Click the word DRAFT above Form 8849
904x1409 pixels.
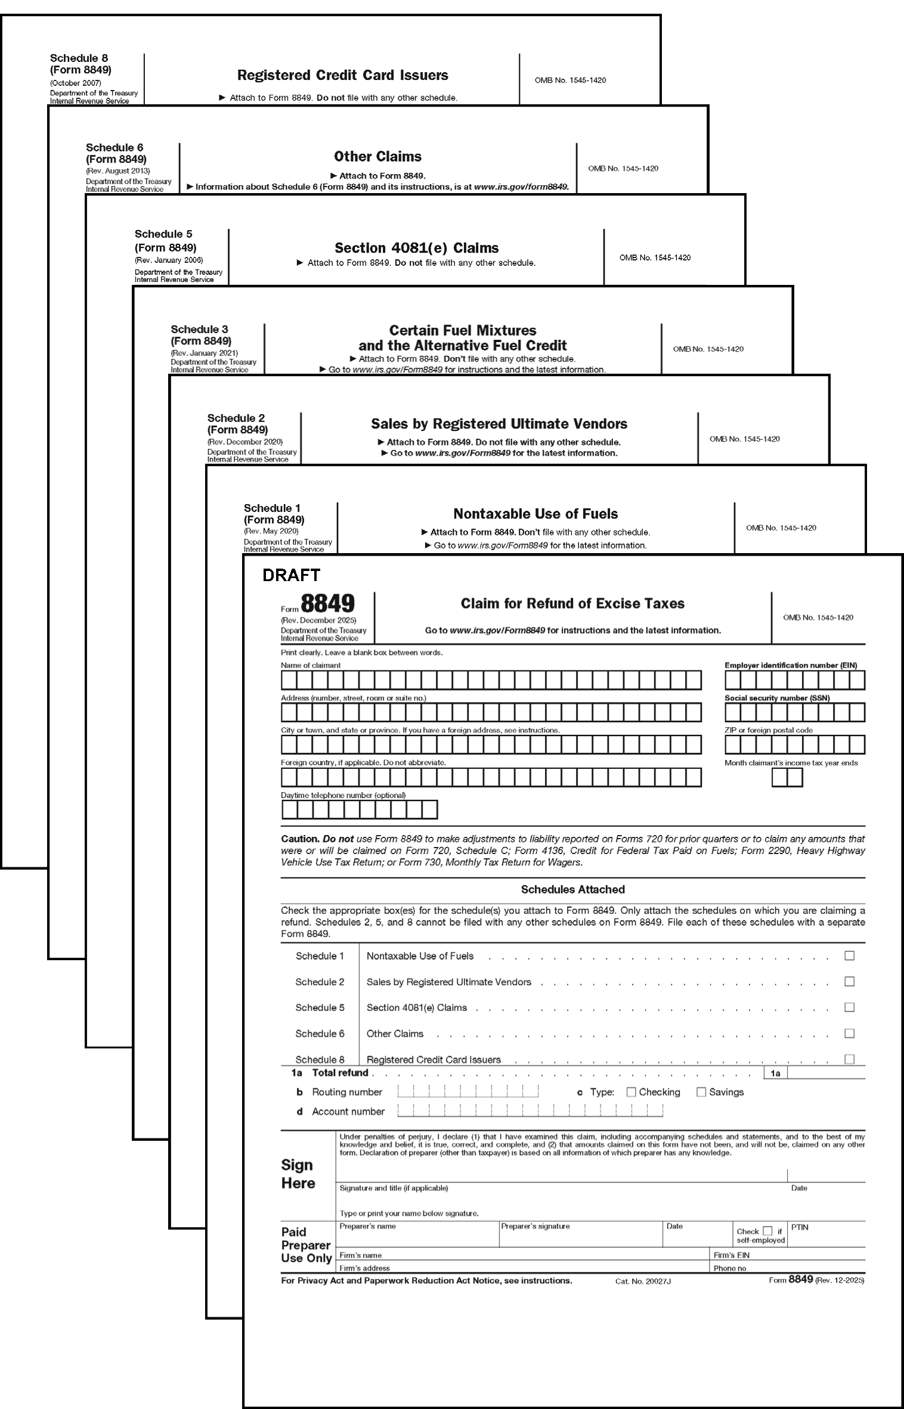pos(291,575)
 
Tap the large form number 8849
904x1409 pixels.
pos(327,604)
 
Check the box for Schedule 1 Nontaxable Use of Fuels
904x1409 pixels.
pos(850,956)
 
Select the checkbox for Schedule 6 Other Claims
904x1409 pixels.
pos(850,1034)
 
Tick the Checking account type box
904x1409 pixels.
pos(631,1093)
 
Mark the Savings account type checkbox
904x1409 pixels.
pos(701,1093)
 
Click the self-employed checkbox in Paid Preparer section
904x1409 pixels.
pos(768,1231)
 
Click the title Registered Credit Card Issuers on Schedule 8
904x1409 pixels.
pos(342,76)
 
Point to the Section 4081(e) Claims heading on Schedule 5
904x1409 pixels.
pos(416,248)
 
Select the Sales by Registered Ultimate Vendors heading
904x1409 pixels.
pos(499,424)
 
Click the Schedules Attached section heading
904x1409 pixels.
pos(572,889)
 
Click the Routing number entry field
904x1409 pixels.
pos(468,1092)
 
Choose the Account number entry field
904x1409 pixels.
pos(530,1111)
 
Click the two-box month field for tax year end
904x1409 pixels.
pos(787,778)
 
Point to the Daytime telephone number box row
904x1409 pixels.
pos(359,809)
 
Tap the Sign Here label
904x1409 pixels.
pos(298,1174)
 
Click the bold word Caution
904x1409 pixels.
pos(300,839)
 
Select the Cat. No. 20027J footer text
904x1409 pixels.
pos(643,1281)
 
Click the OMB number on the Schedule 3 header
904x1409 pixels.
pos(708,349)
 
